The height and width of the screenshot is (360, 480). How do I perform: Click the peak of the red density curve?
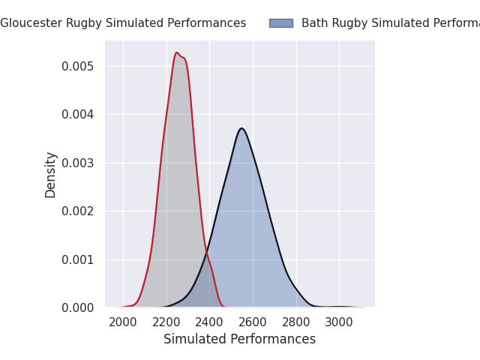click(x=177, y=52)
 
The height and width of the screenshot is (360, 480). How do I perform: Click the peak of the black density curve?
click(x=241, y=128)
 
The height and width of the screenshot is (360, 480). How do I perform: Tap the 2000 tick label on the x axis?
click(x=123, y=322)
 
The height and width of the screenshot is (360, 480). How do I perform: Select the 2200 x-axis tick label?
click(x=166, y=322)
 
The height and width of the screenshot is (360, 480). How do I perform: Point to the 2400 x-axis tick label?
click(x=209, y=322)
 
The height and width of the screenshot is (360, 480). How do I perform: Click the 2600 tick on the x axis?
click(x=253, y=322)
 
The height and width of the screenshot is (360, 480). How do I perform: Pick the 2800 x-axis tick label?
click(x=296, y=322)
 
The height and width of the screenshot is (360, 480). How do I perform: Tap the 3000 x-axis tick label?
click(x=339, y=322)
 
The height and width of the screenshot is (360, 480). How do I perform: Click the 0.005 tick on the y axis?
click(x=78, y=66)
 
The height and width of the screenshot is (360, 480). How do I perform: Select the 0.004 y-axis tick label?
click(x=78, y=115)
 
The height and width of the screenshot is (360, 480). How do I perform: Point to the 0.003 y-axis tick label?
click(x=78, y=163)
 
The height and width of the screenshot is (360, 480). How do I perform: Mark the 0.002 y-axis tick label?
click(x=78, y=211)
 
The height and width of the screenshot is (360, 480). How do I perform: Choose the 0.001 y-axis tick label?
click(x=78, y=259)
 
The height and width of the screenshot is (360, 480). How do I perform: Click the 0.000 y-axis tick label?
click(x=78, y=307)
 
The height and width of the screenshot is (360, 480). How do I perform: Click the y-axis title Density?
click(x=51, y=174)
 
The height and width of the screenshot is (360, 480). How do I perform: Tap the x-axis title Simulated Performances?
click(x=239, y=339)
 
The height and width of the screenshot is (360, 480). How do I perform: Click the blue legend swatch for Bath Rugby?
click(x=281, y=23)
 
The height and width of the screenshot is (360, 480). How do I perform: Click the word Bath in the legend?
click(x=314, y=23)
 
